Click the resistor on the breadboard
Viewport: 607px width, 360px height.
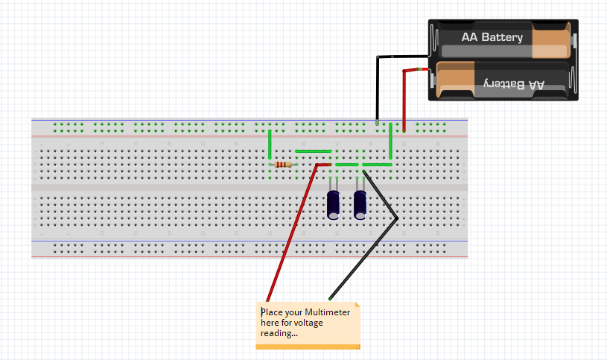(x=283, y=165)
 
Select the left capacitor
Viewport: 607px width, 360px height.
(x=334, y=204)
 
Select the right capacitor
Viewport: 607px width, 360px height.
(x=360, y=203)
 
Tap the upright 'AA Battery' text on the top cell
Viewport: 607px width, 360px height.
(x=492, y=37)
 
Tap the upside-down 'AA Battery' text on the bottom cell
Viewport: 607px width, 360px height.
(x=514, y=84)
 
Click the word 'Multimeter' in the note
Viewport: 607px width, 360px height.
(x=327, y=312)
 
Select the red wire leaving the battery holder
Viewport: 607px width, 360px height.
(x=404, y=97)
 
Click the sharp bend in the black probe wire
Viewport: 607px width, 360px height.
(x=398, y=218)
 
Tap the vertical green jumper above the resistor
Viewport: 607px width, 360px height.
(x=270, y=144)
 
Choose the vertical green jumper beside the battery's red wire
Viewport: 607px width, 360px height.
(x=390, y=142)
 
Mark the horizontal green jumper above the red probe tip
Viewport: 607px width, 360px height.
(x=314, y=151)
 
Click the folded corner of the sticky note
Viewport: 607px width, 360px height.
(x=357, y=305)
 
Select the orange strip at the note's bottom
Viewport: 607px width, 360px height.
(x=308, y=347)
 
